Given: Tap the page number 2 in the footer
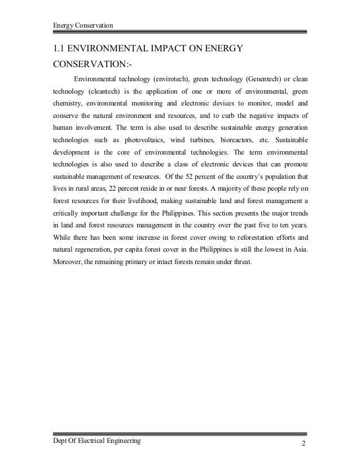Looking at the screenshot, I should click(303, 442).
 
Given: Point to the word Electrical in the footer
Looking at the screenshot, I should click(98, 439).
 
